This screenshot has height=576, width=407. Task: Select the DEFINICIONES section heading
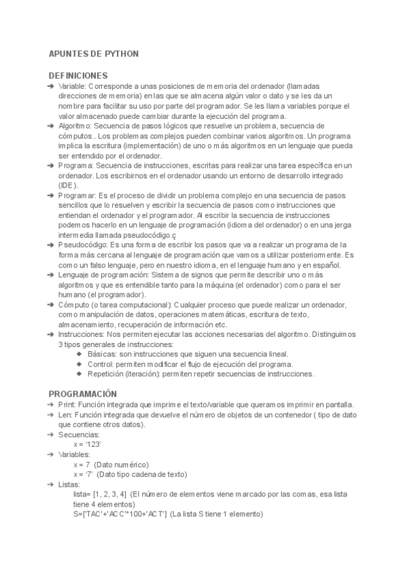78,75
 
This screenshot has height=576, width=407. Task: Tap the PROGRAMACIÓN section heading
83,394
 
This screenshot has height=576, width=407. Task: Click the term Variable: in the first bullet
72,87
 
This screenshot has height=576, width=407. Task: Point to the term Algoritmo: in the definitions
75,126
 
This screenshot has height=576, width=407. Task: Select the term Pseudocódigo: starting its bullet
84,245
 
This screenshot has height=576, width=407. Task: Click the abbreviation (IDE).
68,185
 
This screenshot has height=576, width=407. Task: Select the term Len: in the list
65,414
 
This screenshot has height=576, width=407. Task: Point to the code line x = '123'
87,444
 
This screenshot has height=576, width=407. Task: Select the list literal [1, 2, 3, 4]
109,494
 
